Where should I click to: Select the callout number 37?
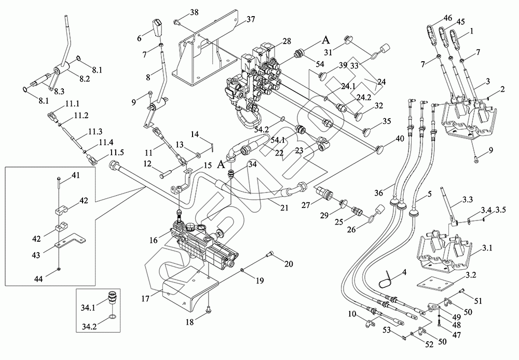click(x=251, y=19)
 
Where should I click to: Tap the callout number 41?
click(x=76, y=176)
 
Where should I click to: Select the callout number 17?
click(x=145, y=298)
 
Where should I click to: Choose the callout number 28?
click(x=287, y=41)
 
